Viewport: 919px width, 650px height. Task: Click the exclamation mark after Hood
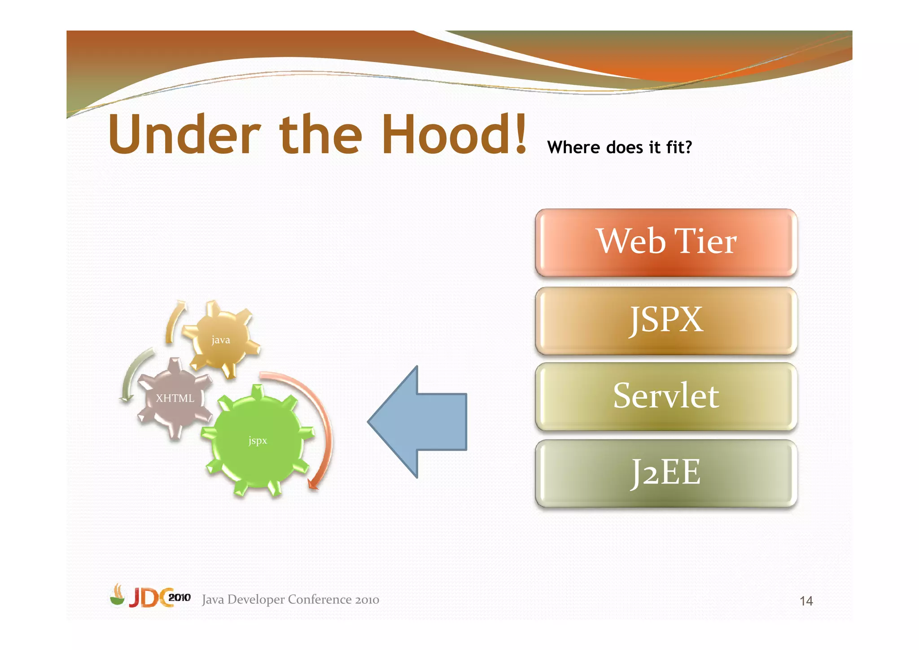click(x=521, y=134)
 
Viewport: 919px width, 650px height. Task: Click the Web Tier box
click(x=666, y=242)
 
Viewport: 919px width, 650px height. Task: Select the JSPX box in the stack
click(x=666, y=321)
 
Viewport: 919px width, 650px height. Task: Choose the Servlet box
click(x=666, y=396)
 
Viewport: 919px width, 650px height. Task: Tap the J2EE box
click(x=666, y=473)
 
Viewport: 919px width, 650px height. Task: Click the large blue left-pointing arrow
click(x=417, y=422)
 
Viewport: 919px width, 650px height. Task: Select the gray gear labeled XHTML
click(x=175, y=398)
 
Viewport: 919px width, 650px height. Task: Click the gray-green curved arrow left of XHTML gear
click(x=132, y=373)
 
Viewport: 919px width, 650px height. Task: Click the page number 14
click(x=806, y=601)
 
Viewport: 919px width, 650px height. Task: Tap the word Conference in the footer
click(x=319, y=600)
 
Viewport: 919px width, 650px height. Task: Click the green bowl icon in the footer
click(x=118, y=597)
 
